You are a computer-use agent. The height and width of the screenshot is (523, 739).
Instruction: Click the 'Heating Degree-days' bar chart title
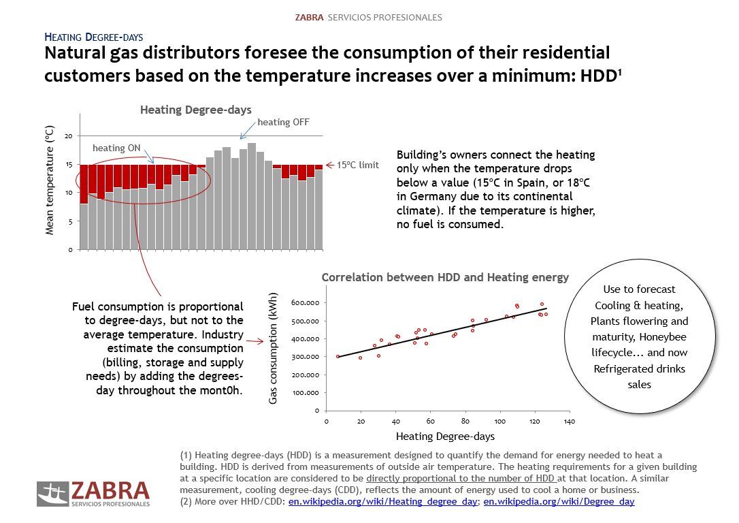click(x=195, y=110)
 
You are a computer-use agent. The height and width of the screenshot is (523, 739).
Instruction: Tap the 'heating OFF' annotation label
click(x=282, y=123)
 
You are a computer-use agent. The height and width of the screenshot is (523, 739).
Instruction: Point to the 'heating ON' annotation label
click(x=116, y=148)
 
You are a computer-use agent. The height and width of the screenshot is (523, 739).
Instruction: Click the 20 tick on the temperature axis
click(x=68, y=136)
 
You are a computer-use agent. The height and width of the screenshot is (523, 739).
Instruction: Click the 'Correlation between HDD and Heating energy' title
click(x=445, y=278)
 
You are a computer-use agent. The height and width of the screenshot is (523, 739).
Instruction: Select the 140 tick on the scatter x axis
click(x=570, y=422)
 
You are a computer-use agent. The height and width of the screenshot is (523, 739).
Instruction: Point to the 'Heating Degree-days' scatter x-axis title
click(x=445, y=437)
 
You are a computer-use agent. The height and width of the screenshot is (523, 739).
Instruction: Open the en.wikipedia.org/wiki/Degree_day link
click(x=559, y=502)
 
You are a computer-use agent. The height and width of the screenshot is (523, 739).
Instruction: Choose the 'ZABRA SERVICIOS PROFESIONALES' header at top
click(x=368, y=17)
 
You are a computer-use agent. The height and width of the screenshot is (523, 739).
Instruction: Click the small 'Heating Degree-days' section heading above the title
click(x=93, y=37)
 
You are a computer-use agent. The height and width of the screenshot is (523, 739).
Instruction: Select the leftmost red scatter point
click(x=338, y=356)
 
